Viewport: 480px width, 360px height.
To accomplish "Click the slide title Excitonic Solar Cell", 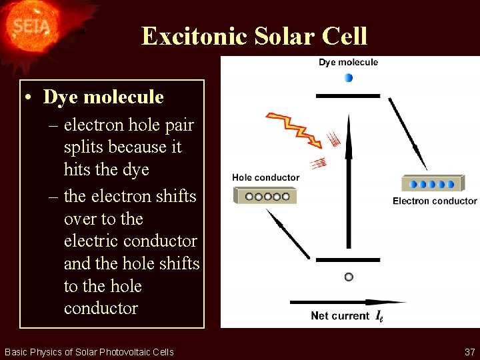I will [x=254, y=35].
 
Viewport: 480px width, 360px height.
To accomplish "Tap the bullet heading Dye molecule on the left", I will [x=103, y=97].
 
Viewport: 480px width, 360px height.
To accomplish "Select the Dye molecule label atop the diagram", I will [x=348, y=63].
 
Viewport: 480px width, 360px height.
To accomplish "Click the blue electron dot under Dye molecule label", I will [x=348, y=78].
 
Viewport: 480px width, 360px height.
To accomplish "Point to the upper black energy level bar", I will [x=347, y=96].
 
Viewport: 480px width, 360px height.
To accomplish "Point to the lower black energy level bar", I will [x=347, y=260].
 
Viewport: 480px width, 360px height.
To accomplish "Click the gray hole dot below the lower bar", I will [x=348, y=277].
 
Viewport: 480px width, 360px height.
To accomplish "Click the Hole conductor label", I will [x=265, y=178].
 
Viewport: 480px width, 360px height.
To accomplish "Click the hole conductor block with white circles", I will [x=265, y=196].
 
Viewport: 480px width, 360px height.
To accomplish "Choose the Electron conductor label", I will [x=435, y=201].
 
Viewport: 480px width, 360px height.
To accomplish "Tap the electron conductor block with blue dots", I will [x=433, y=183].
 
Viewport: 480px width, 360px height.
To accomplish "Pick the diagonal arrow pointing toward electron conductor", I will [x=408, y=133].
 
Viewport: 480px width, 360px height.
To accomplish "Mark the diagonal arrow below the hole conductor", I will [x=288, y=233].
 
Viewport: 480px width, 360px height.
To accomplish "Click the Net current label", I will [x=340, y=316].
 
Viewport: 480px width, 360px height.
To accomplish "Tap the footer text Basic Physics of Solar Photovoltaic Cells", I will [x=89, y=351].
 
